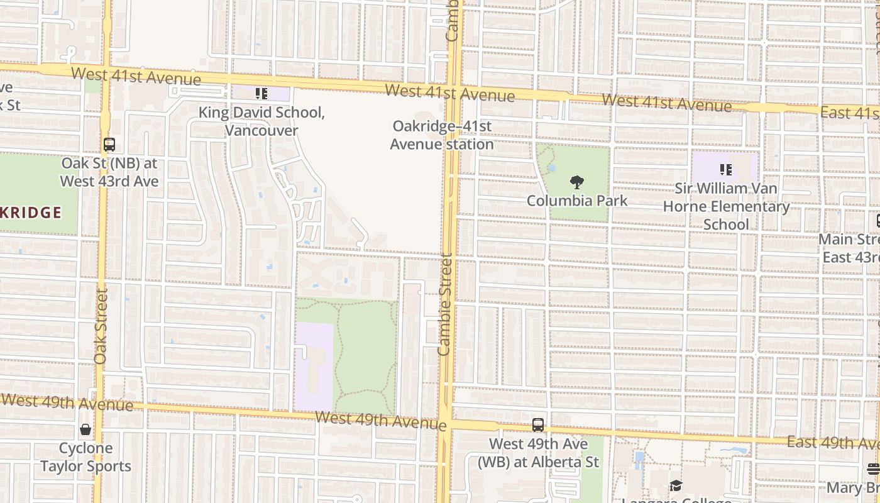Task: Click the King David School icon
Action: (261, 94)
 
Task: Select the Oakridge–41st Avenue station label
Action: (441, 135)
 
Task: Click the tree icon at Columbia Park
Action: (576, 183)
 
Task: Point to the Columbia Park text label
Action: (576, 201)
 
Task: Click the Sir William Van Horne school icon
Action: (726, 170)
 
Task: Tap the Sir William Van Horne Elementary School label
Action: (726, 206)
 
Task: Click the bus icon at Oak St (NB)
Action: (109, 145)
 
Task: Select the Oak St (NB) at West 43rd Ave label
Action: (109, 172)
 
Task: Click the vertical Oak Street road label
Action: (101, 326)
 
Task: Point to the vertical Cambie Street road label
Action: (445, 304)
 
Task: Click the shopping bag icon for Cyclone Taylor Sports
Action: (85, 430)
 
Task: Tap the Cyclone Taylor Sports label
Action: (85, 457)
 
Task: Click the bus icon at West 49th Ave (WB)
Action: (538, 425)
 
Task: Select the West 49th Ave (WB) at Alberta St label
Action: (538, 453)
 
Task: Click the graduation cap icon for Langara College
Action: (676, 485)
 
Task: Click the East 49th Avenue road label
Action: (832, 443)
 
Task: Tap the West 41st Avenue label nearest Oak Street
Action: (136, 77)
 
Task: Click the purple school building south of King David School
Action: (314, 365)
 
